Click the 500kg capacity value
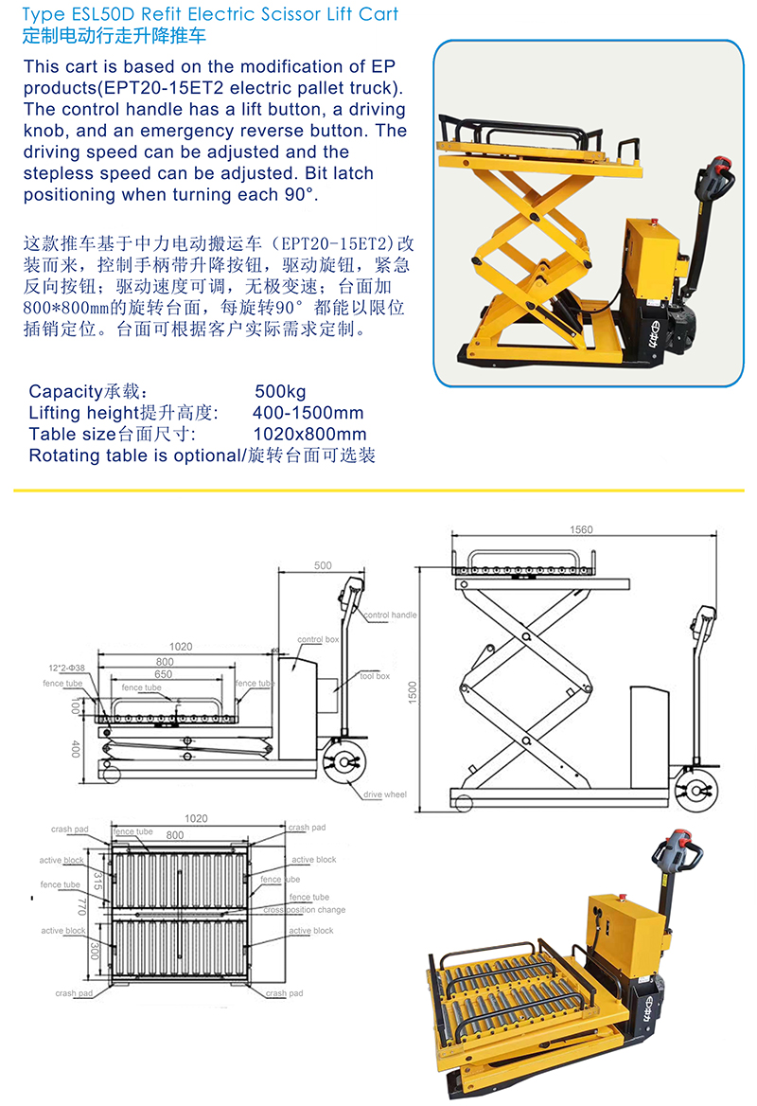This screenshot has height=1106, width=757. pyautogui.click(x=280, y=391)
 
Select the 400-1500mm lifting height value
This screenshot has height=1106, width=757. pyautogui.click(x=308, y=413)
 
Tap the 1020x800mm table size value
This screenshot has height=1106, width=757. pyautogui.click(x=309, y=434)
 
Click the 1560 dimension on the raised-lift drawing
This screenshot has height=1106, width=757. pyautogui.click(x=582, y=529)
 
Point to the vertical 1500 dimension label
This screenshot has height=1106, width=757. pyautogui.click(x=413, y=692)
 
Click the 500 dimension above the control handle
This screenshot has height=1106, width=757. pyautogui.click(x=323, y=565)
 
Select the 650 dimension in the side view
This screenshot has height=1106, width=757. pyautogui.click(x=164, y=674)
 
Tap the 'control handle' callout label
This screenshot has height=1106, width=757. pyautogui.click(x=391, y=615)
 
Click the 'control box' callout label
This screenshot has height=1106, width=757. pyautogui.click(x=318, y=639)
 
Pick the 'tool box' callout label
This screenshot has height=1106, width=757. pyautogui.click(x=375, y=676)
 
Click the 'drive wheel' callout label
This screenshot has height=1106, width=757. pyautogui.click(x=385, y=794)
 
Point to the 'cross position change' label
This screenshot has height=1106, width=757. pyautogui.click(x=305, y=910)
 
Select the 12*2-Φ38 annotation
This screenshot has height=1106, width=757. pyautogui.click(x=66, y=668)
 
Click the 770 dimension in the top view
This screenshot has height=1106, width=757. pyautogui.click(x=81, y=906)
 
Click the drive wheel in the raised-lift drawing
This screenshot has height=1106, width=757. pyautogui.click(x=695, y=792)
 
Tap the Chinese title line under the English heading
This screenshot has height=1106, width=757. pyautogui.click(x=114, y=35)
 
